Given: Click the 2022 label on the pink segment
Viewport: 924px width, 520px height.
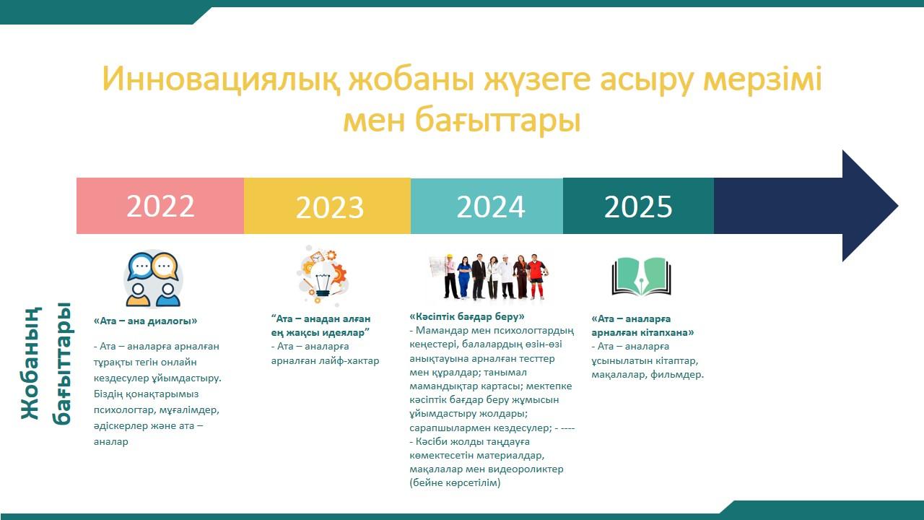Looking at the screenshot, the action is click(x=160, y=206).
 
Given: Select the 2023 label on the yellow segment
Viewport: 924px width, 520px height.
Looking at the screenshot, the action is click(x=330, y=207).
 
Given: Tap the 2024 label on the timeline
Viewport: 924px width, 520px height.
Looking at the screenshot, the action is click(x=490, y=207).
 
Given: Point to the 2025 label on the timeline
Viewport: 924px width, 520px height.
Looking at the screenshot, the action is click(x=638, y=207).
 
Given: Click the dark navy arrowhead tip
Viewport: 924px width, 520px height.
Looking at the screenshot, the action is click(x=897, y=206).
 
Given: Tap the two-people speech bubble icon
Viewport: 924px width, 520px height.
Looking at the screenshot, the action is click(x=153, y=279).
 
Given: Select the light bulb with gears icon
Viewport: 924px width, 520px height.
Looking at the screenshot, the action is click(x=323, y=275).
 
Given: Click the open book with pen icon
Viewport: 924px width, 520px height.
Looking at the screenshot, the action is click(x=642, y=277).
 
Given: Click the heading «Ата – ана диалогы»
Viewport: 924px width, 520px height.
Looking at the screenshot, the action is click(x=145, y=321).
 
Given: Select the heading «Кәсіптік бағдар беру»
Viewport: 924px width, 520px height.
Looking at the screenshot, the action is click(x=467, y=316).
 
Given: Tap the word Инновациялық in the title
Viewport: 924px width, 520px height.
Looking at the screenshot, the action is click(x=221, y=79).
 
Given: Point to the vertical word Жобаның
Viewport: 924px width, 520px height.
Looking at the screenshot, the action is click(x=31, y=363).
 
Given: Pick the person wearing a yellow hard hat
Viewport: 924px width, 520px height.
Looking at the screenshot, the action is click(x=450, y=277).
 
